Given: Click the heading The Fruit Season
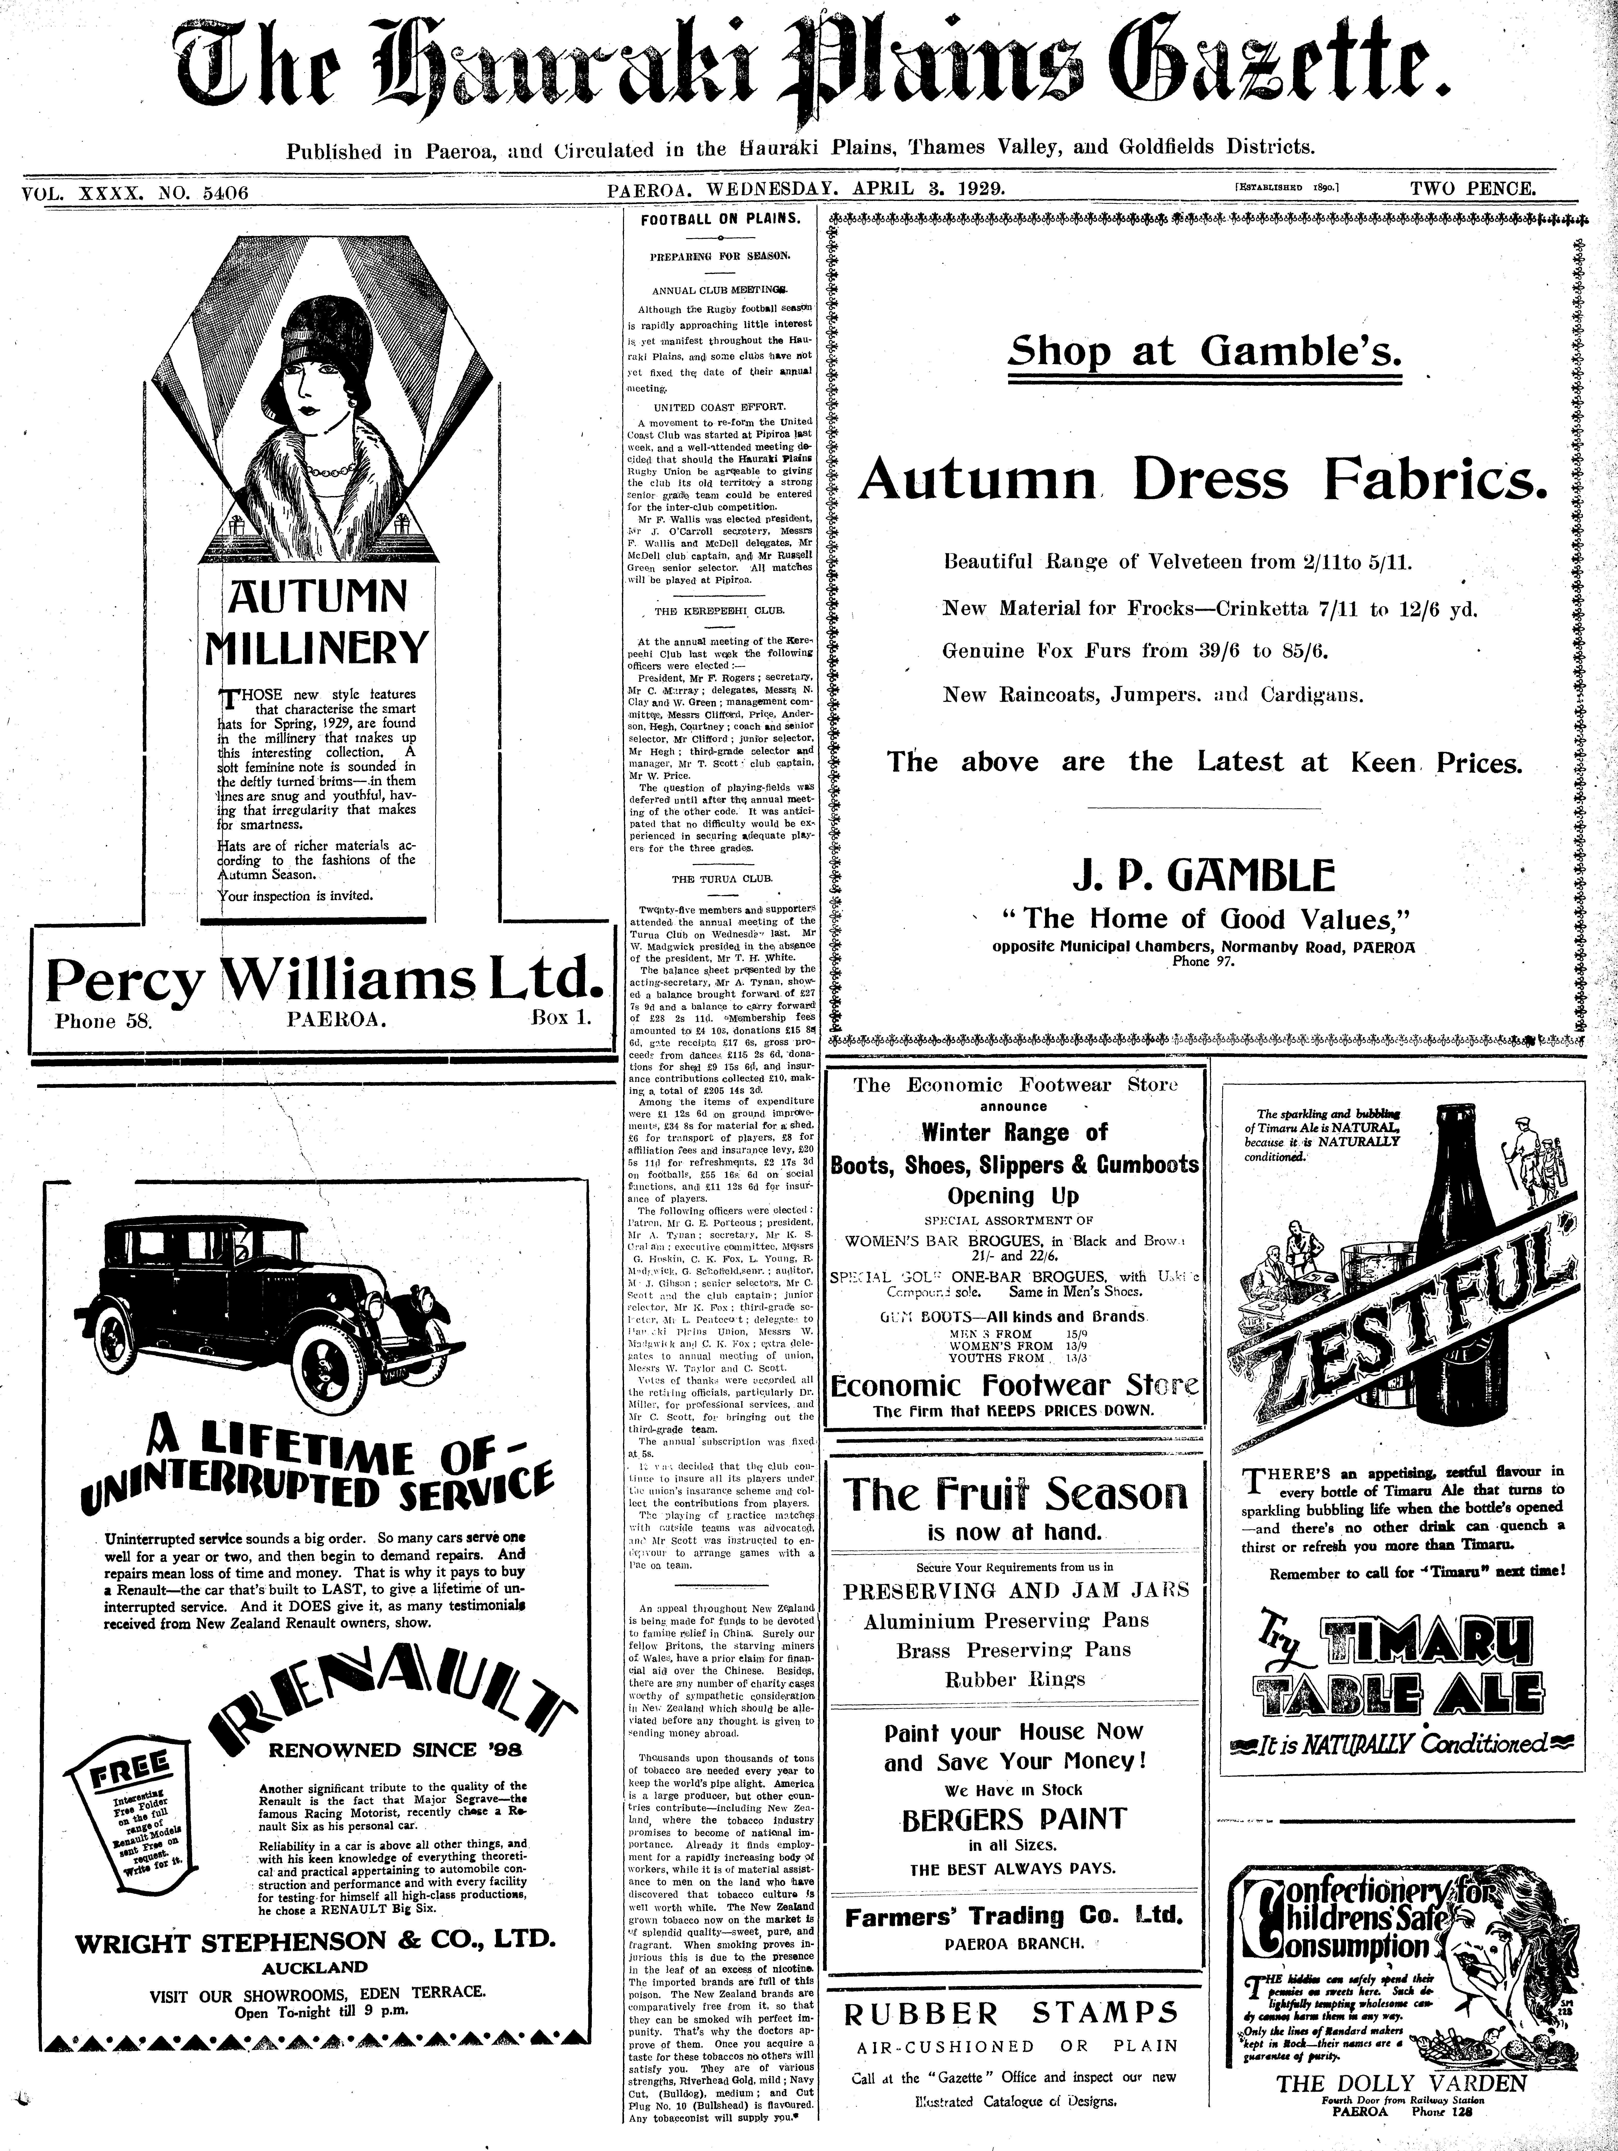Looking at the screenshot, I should (1014, 1494).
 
